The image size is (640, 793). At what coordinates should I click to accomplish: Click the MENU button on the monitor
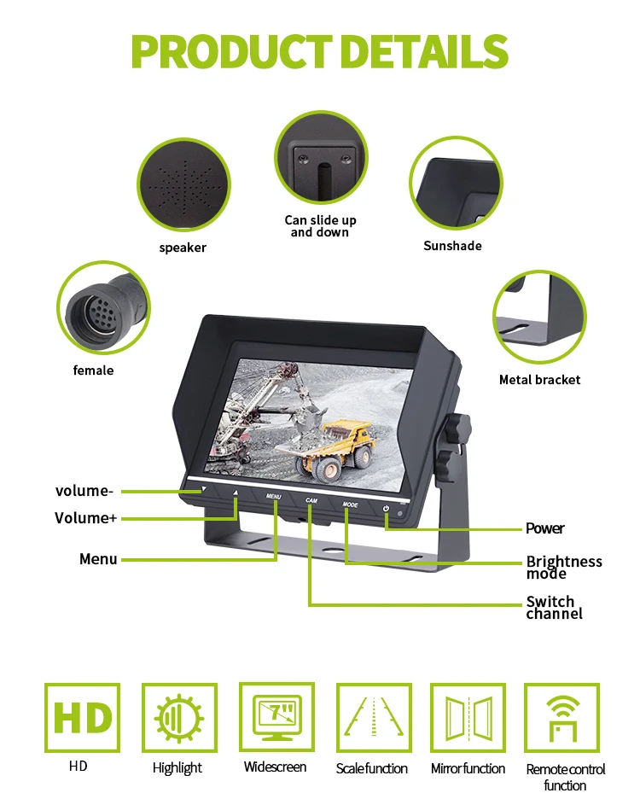pos(273,496)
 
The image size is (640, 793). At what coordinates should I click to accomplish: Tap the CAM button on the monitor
pos(311,501)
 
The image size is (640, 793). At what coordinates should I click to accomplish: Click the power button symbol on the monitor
pos(387,510)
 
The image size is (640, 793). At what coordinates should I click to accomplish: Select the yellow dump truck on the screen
pos(337,446)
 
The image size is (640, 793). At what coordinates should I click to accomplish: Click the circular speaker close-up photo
pos(183,185)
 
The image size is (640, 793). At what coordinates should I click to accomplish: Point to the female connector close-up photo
pos(102,307)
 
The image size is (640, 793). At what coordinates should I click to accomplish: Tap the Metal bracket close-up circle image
pos(539,318)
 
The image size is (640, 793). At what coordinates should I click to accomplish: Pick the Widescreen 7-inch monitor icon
pos(276,717)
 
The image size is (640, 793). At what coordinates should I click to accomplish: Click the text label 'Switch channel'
pos(554,608)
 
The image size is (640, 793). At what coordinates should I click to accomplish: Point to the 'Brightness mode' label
pos(564,567)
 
